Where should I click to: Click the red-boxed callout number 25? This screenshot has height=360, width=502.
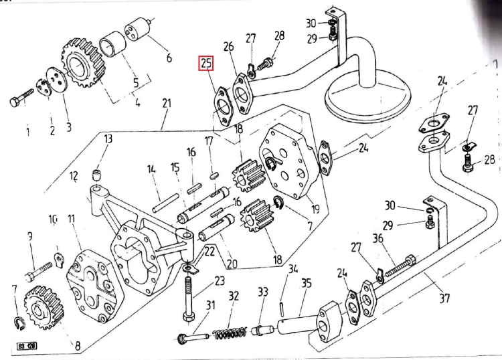click(x=206, y=65)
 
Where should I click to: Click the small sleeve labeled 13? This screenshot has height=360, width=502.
click(x=96, y=177)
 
